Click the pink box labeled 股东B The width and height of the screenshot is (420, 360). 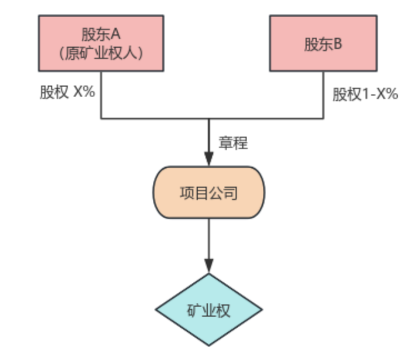[323, 43]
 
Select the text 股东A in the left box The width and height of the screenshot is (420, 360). [101, 34]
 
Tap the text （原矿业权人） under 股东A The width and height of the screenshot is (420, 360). [101, 53]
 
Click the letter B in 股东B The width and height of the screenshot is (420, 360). [337, 44]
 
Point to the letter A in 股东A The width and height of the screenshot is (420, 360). [116, 34]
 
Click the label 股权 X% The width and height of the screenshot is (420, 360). [67, 92]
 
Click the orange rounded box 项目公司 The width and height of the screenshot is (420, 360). [209, 192]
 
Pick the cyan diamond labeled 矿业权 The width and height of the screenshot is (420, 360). [209, 310]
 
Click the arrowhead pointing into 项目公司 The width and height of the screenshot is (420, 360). [209, 158]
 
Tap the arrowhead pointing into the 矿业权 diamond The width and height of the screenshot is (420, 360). [209, 266]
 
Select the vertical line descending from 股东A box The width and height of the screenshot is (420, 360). [101, 94]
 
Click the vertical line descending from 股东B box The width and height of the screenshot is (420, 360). [323, 94]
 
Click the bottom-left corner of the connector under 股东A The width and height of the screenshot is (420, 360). [101, 118]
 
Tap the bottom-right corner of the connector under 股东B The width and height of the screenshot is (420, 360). [323, 118]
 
